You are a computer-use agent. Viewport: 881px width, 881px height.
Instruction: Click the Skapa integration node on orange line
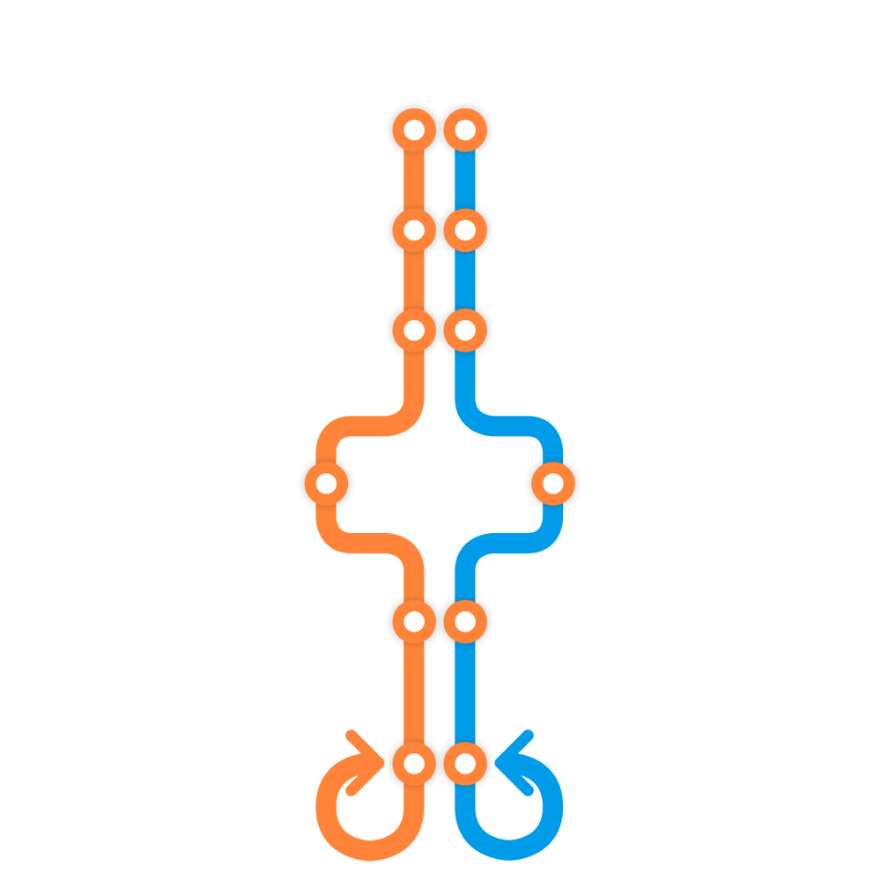tap(326, 483)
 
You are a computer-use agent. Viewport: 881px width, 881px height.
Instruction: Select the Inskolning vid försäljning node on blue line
tap(553, 483)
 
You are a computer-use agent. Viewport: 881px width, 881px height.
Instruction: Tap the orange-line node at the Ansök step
tap(414, 131)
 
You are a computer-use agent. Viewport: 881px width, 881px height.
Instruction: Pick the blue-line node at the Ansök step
tap(464, 131)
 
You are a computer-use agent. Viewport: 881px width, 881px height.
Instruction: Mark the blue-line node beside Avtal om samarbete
tap(464, 330)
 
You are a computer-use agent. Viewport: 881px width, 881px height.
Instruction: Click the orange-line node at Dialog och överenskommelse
tap(414, 232)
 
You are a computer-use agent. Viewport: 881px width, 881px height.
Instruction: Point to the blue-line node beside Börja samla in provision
tap(464, 621)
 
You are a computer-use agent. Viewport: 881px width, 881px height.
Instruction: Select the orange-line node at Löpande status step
tap(414, 762)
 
